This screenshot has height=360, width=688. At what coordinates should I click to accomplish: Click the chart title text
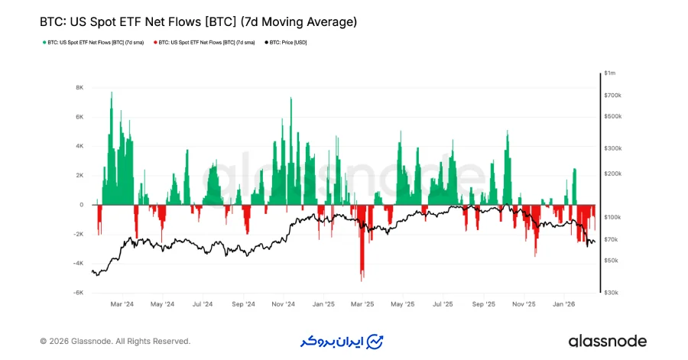coord(198,22)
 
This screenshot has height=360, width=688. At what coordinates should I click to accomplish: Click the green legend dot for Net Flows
coord(44,42)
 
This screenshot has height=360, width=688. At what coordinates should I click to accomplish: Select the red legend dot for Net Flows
coord(155,42)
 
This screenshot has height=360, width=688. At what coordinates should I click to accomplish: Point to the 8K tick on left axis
coord(79,88)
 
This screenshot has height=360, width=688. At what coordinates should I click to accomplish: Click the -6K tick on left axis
coord(78,293)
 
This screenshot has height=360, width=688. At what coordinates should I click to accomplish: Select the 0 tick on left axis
coord(81,205)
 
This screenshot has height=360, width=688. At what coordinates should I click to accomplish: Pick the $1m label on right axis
coord(609,73)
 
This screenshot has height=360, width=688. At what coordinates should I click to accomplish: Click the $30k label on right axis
coord(611,293)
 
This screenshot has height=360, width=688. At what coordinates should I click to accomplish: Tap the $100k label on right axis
coord(612,218)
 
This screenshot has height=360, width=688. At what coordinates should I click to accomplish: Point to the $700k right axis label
coord(612,96)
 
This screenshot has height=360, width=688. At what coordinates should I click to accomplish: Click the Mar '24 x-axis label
coord(122,303)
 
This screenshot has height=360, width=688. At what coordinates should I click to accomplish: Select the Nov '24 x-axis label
coord(283,303)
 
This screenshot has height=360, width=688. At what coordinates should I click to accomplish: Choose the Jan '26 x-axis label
coord(563,303)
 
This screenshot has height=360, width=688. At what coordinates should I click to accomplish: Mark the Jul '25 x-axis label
coord(443,303)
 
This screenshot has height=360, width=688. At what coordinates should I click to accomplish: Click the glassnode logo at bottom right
coord(607,341)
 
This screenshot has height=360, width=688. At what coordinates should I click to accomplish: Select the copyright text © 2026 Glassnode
coord(115,341)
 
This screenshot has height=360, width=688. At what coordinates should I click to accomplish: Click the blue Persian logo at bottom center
coord(342,341)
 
